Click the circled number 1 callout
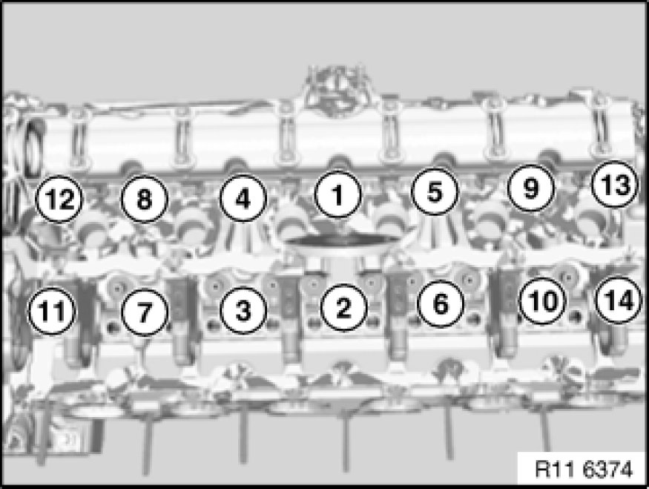[338, 194]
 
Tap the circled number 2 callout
[343, 307]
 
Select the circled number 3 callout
[243, 310]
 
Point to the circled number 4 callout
[243, 198]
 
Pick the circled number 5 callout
[435, 191]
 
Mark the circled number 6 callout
[441, 303]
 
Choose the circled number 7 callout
[145, 312]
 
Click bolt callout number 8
[144, 199]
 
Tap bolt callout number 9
[531, 188]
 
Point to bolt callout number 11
[52, 311]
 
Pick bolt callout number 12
[59, 199]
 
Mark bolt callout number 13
[615, 184]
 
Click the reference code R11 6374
[584, 470]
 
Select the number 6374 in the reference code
[607, 470]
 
